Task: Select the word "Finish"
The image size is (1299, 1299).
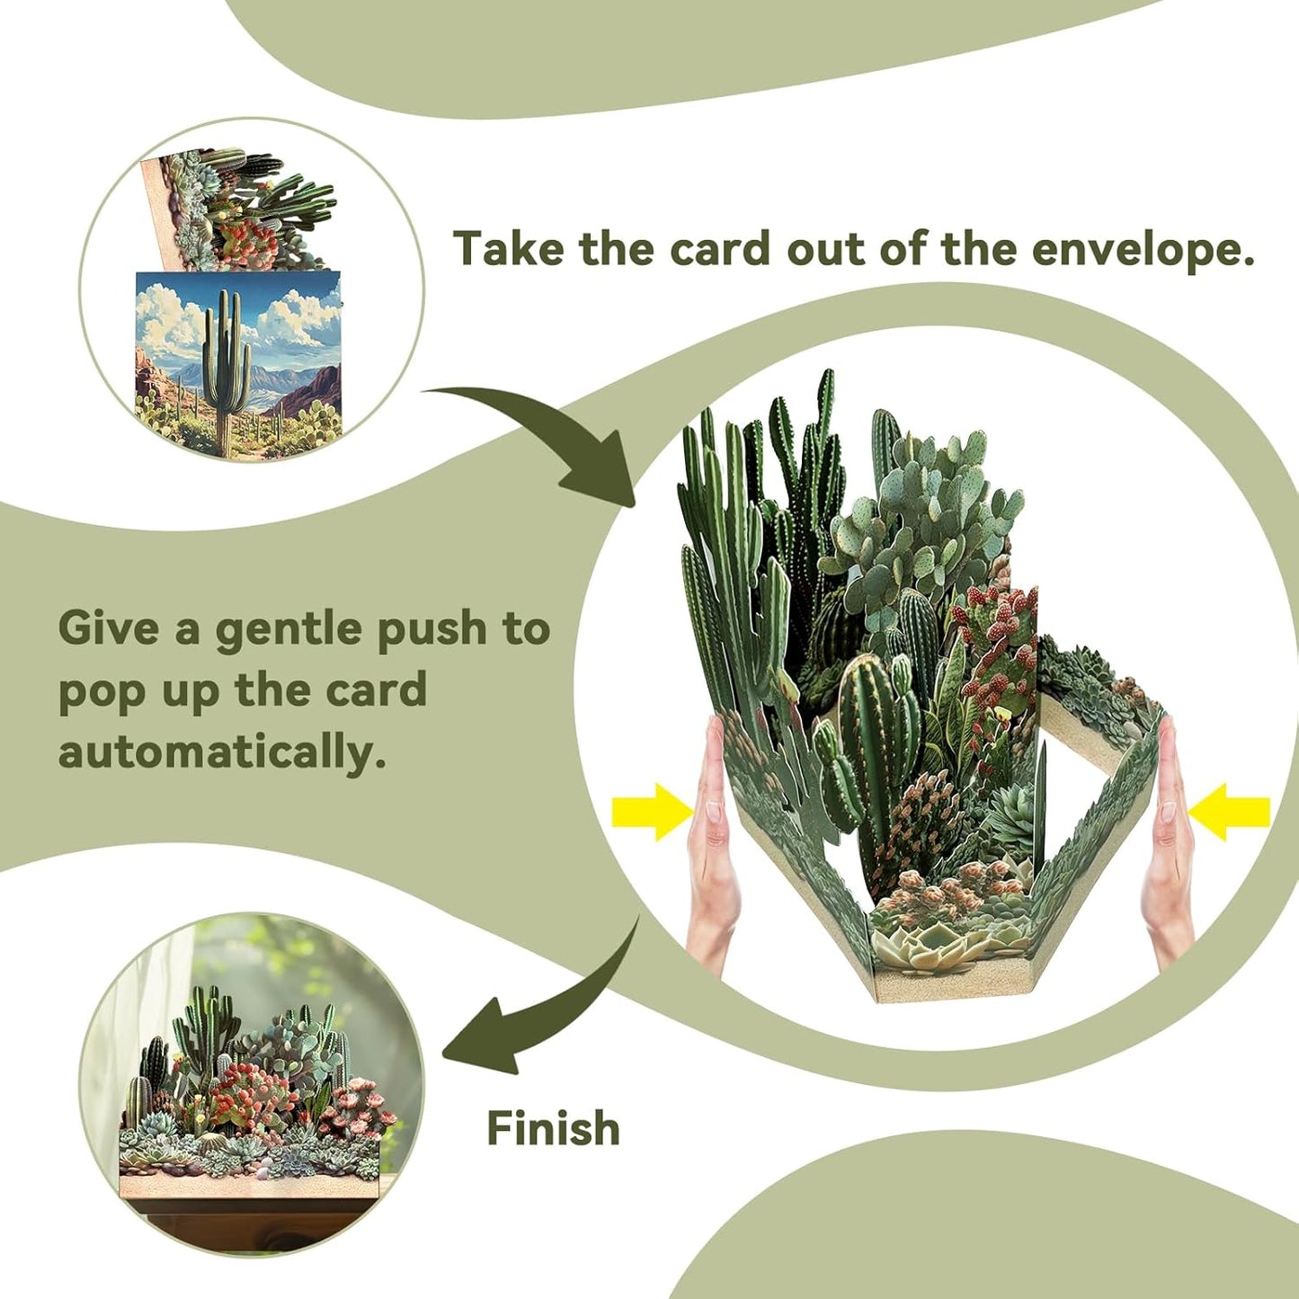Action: pyautogui.click(x=553, y=1128)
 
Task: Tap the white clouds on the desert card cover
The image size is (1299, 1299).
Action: pyautogui.click(x=171, y=315)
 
